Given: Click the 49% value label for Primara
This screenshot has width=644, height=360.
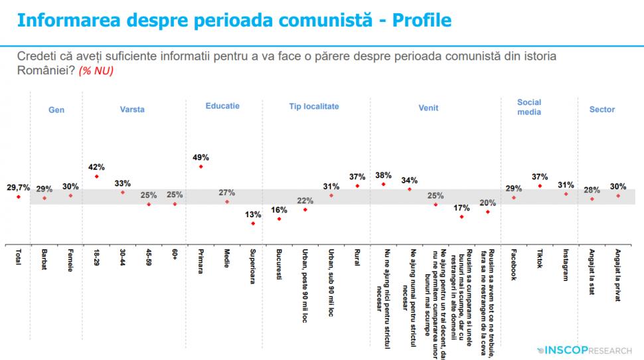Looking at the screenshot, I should pyautogui.click(x=201, y=157).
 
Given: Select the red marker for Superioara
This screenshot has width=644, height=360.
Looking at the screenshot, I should pyautogui.click(x=252, y=224).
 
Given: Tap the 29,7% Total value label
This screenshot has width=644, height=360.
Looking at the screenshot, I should pyautogui.click(x=18, y=188).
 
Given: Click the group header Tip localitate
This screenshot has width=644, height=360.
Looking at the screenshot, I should pyautogui.click(x=314, y=106).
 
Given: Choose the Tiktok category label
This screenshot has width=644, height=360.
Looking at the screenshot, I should pyautogui.click(x=540, y=262).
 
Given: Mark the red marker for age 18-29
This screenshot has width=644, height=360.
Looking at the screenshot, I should pyautogui.click(x=97, y=177).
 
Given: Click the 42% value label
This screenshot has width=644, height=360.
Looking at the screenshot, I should pyautogui.click(x=97, y=167).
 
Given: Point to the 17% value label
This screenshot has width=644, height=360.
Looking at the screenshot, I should pyautogui.click(x=461, y=207).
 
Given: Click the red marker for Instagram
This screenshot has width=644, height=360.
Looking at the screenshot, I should pyautogui.click(x=566, y=194).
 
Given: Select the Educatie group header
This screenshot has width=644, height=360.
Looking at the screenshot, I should pyautogui.click(x=222, y=106).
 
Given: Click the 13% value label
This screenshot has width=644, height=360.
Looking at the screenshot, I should pyautogui.click(x=252, y=214).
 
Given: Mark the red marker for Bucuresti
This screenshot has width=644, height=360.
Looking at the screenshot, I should pyautogui.click(x=279, y=219).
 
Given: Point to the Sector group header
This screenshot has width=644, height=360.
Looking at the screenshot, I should pyautogui.click(x=602, y=110).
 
